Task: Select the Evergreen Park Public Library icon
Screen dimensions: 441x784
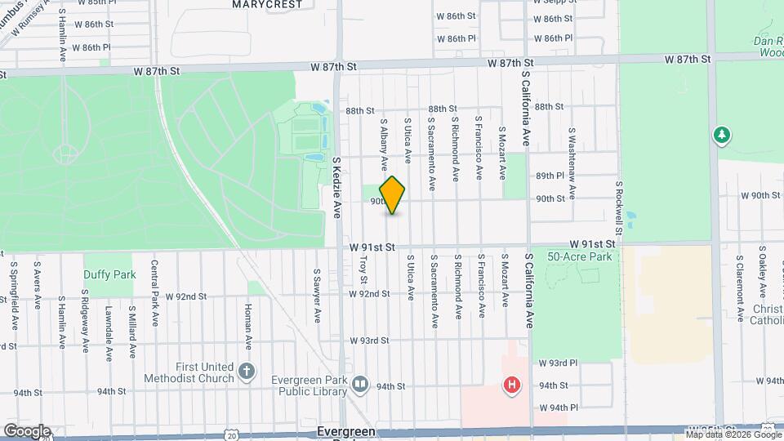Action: point(360,384)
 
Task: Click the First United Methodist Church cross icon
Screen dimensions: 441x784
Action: point(247,373)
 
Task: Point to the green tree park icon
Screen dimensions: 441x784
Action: point(721,134)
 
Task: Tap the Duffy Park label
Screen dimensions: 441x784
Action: point(109,274)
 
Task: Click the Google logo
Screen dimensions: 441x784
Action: point(26,431)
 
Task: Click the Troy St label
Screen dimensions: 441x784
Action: point(364,269)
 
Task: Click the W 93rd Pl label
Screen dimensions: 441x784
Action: point(557,362)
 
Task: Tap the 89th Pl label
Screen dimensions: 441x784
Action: point(550,176)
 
